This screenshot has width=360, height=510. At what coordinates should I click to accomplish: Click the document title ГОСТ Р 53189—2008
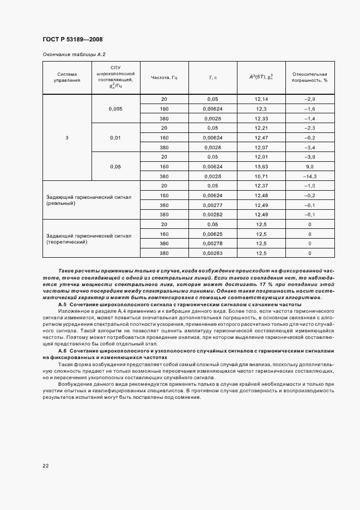click(72, 40)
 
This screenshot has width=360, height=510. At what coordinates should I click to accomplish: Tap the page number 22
click(46, 465)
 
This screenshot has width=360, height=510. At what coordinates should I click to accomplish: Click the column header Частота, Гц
click(164, 77)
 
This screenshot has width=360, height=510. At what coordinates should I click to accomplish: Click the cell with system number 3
click(67, 138)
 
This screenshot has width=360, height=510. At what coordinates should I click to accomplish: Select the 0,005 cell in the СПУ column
click(115, 108)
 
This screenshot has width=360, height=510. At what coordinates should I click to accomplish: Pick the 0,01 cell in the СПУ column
click(115, 138)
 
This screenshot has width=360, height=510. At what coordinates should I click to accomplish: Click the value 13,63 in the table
click(261, 167)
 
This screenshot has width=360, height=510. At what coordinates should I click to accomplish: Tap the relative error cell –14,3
click(309, 177)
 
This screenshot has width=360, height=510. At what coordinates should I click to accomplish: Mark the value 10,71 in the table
click(261, 177)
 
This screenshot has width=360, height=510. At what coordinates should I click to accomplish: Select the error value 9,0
click(309, 167)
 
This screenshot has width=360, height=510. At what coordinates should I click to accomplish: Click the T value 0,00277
click(212, 205)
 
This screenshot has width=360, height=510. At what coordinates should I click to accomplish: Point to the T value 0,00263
click(212, 253)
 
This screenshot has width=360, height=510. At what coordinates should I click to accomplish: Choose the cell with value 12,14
click(261, 99)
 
